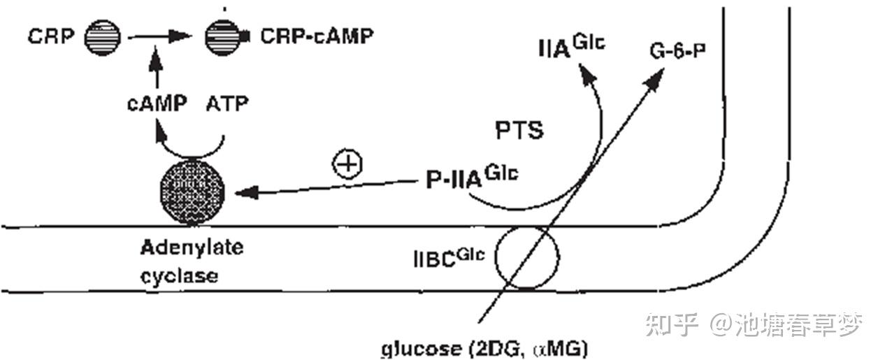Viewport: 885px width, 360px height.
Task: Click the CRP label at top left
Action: [50, 36]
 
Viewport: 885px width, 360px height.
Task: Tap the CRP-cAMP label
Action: [315, 36]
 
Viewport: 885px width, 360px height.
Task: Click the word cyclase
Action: [179, 275]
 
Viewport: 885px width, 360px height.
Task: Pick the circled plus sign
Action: [347, 164]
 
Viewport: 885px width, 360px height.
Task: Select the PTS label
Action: [519, 130]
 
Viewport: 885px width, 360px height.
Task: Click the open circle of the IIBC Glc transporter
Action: [527, 257]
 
